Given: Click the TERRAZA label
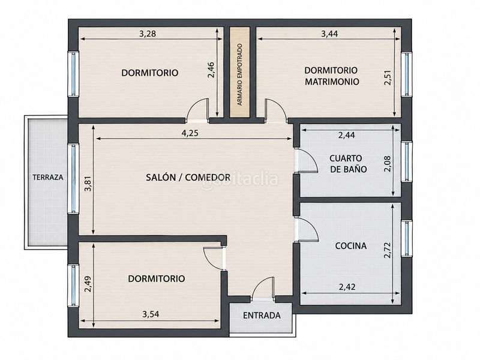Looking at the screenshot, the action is [48, 177].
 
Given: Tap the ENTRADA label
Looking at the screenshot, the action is [262, 316].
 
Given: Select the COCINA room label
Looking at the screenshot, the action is [351, 246].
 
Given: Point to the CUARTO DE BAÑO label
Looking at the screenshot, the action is [348, 164].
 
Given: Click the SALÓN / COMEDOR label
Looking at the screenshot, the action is [188, 177].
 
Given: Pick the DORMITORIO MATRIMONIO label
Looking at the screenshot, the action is [332, 76].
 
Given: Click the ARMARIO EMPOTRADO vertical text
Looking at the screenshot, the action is [239, 74].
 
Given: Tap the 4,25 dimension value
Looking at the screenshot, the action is [190, 133].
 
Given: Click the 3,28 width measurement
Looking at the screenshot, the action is [148, 34].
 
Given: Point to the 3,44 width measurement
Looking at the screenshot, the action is [329, 34].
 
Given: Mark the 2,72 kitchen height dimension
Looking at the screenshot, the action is [388, 250].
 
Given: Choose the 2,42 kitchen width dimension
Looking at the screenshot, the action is [347, 287].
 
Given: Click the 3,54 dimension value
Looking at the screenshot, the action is [151, 314].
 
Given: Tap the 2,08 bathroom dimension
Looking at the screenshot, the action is [388, 164].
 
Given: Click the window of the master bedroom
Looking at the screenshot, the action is [407, 74].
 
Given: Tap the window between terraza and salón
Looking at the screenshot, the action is [73, 178].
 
